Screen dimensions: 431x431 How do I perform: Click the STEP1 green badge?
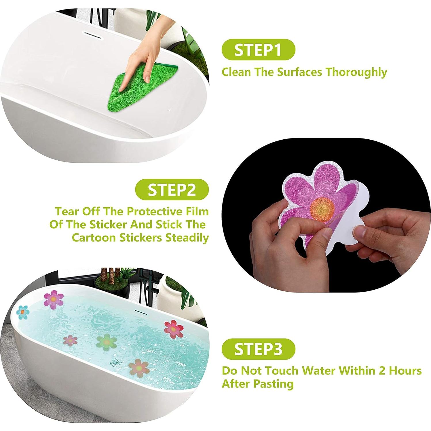[x=258, y=50]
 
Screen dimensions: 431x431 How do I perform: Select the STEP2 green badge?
[x=172, y=189]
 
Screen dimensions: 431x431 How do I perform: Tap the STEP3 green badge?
[x=258, y=349]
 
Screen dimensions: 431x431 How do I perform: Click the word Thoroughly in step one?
[x=356, y=72]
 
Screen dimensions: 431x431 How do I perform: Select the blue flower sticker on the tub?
[x=23, y=312]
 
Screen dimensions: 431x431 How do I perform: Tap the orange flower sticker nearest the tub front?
[x=139, y=368]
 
